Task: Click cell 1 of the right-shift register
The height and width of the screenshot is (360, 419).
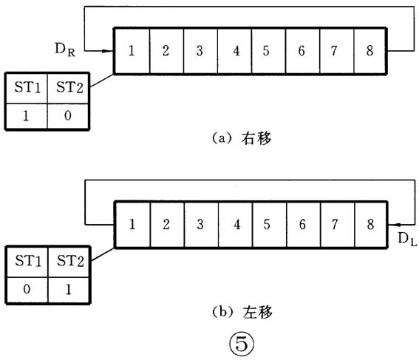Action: pos(132,51)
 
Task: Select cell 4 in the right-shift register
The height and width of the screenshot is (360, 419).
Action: pos(234,51)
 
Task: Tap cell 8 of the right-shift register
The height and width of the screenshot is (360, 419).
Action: pos(369,51)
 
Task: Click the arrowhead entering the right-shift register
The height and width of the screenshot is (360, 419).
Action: pos(109,52)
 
